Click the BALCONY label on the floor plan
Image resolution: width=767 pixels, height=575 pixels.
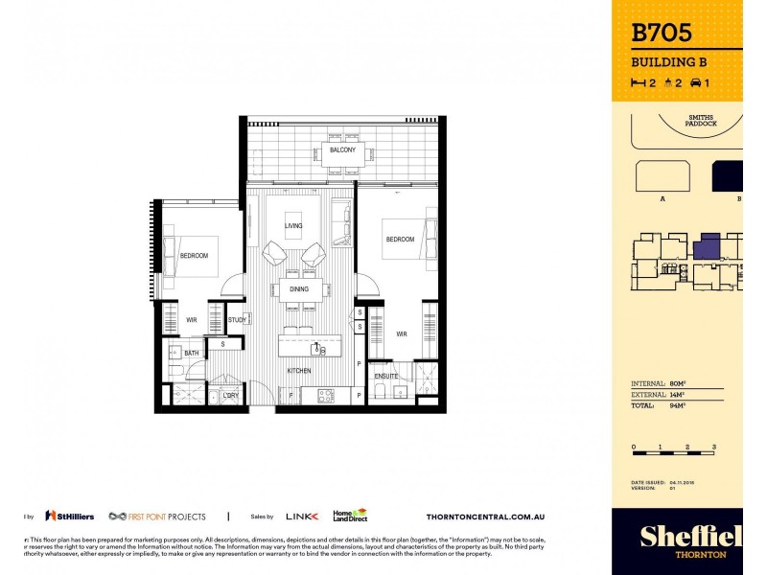tap(342, 150)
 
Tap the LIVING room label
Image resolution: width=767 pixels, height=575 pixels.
tap(293, 226)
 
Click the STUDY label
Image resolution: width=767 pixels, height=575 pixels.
tap(236, 320)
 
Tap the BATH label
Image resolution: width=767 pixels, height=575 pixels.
tap(192, 354)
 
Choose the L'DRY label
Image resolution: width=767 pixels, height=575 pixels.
tap(230, 395)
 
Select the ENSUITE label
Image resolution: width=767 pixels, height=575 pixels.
tap(386, 376)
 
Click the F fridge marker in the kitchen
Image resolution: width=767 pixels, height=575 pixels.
tap(290, 395)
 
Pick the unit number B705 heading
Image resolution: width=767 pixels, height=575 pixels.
tap(662, 34)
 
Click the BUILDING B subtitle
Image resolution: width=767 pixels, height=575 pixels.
tap(669, 62)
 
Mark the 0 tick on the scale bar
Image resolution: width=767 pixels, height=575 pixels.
tap(634, 448)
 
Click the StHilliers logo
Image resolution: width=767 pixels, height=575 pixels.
tap(69, 516)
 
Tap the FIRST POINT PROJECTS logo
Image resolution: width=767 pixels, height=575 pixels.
tap(157, 516)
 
